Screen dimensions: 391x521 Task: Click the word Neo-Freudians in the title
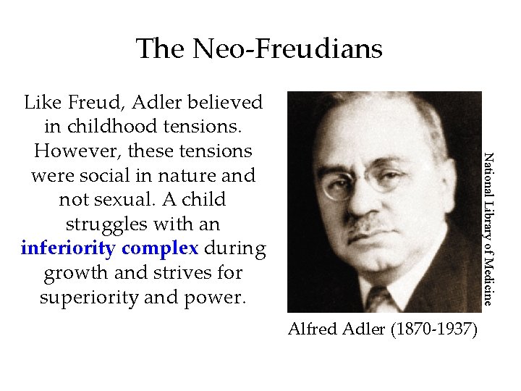coord(287,49)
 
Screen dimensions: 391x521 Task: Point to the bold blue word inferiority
coord(69,248)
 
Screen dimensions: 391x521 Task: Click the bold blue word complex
coord(160,249)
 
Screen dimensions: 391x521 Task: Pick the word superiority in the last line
coord(80,298)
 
